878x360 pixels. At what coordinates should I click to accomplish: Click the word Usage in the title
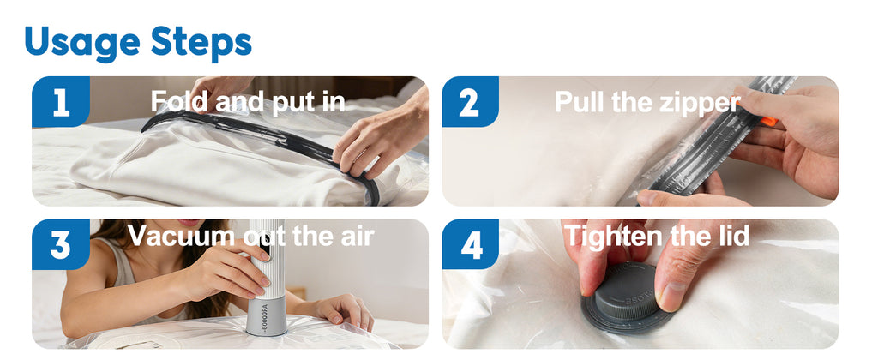[82, 43]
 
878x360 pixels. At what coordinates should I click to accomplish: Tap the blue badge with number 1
[61, 102]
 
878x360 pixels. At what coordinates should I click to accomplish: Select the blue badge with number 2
[470, 102]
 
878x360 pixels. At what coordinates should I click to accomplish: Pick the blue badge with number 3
[61, 244]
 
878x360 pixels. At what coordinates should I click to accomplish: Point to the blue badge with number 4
[470, 244]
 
